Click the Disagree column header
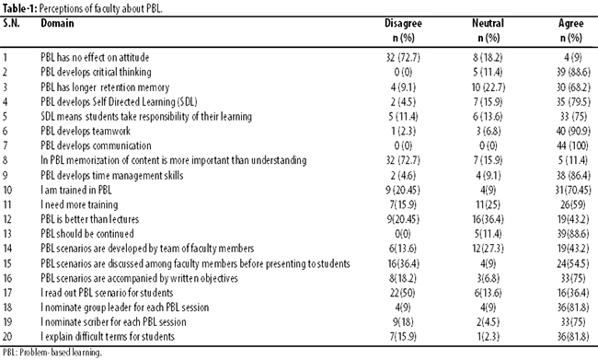(403, 30)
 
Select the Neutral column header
(488, 30)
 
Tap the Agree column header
(571, 30)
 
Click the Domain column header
(57, 23)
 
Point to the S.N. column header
(11, 23)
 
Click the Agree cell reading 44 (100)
(572, 145)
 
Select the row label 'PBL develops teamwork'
(86, 131)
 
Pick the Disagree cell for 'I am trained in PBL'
(402, 190)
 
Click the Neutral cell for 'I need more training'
(488, 204)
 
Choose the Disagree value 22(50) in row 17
(402, 293)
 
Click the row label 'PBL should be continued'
(87, 234)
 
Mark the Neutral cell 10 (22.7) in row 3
(489, 87)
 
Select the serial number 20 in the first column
(7, 336)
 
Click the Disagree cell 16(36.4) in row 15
(402, 263)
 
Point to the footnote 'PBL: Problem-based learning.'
(52, 353)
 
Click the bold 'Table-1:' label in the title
(19, 8)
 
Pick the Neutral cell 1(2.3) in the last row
(488, 336)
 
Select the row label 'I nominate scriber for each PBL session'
(114, 322)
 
